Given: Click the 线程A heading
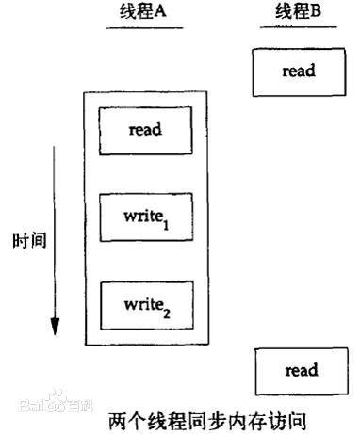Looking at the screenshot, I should pos(144,11).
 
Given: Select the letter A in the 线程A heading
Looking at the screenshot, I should pos(163,11).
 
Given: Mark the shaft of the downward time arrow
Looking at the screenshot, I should pos(56,235).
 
